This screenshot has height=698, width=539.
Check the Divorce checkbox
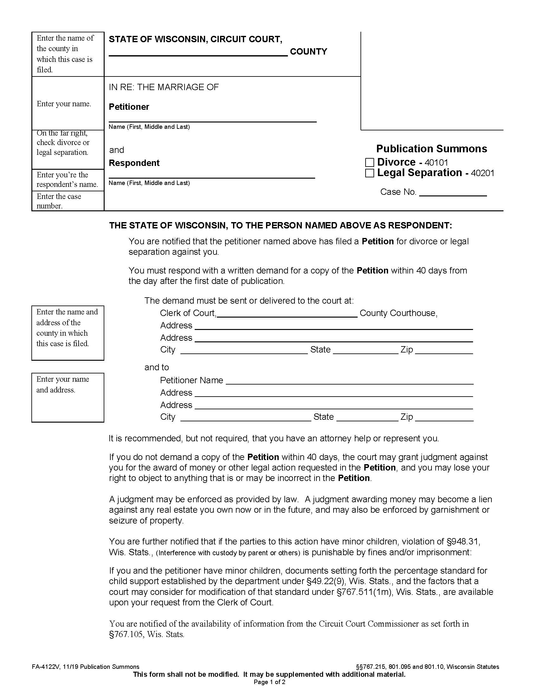(369, 162)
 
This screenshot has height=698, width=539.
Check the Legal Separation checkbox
(369, 173)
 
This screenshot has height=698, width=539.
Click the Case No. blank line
(452, 193)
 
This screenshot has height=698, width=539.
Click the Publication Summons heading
(432, 148)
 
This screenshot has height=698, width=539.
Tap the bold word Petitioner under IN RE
(129, 107)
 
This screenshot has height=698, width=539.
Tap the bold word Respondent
(134, 163)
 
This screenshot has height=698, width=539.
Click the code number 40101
(436, 163)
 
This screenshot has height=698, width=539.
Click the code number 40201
(483, 173)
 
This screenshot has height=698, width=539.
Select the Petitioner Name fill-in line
(349, 381)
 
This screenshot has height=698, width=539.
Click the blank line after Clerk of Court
(287, 313)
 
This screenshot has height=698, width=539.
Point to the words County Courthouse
(398, 313)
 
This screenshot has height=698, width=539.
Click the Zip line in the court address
(444, 351)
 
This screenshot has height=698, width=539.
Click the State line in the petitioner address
(367, 418)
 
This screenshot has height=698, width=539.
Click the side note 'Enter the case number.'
(59, 201)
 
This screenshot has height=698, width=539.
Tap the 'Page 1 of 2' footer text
(269, 682)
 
